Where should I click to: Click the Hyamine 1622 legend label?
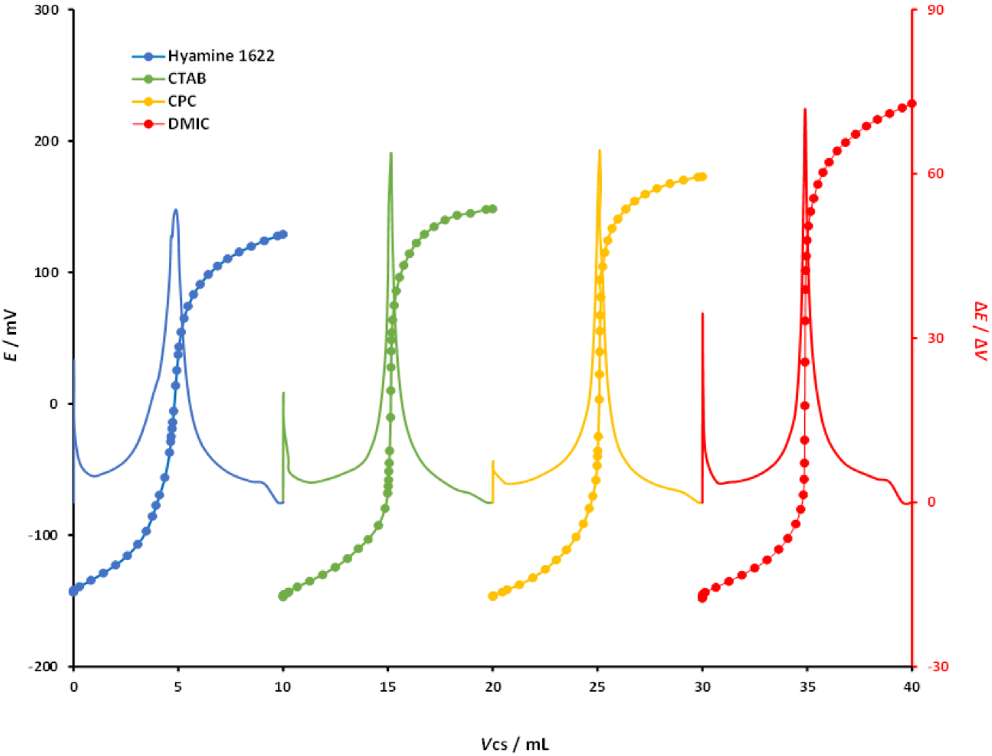(221, 56)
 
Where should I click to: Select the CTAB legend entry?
(187, 78)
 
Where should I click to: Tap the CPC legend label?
(182, 101)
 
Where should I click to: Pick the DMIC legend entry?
(189, 124)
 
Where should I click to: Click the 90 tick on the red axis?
(936, 10)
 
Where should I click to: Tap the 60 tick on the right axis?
(936, 174)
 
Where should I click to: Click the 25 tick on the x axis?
(598, 687)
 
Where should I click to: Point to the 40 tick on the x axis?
(912, 687)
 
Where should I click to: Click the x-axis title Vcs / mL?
(514, 744)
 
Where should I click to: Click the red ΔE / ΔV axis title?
(980, 330)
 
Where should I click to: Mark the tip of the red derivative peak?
(805, 109)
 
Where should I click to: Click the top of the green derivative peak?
(391, 153)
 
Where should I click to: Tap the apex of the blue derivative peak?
(176, 210)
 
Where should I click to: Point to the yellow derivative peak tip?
(600, 151)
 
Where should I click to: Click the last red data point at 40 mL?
(912, 104)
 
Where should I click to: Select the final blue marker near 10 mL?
(283, 235)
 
